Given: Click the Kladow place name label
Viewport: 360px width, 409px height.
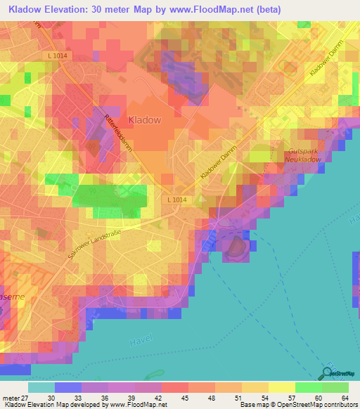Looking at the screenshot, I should (144, 119).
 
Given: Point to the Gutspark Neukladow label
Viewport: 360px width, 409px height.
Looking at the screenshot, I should (303, 155).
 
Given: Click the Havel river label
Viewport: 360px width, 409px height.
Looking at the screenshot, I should (141, 342).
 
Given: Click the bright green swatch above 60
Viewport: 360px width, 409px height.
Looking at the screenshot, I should (308, 387).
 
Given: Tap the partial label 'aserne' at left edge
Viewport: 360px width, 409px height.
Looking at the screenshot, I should (13, 297).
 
